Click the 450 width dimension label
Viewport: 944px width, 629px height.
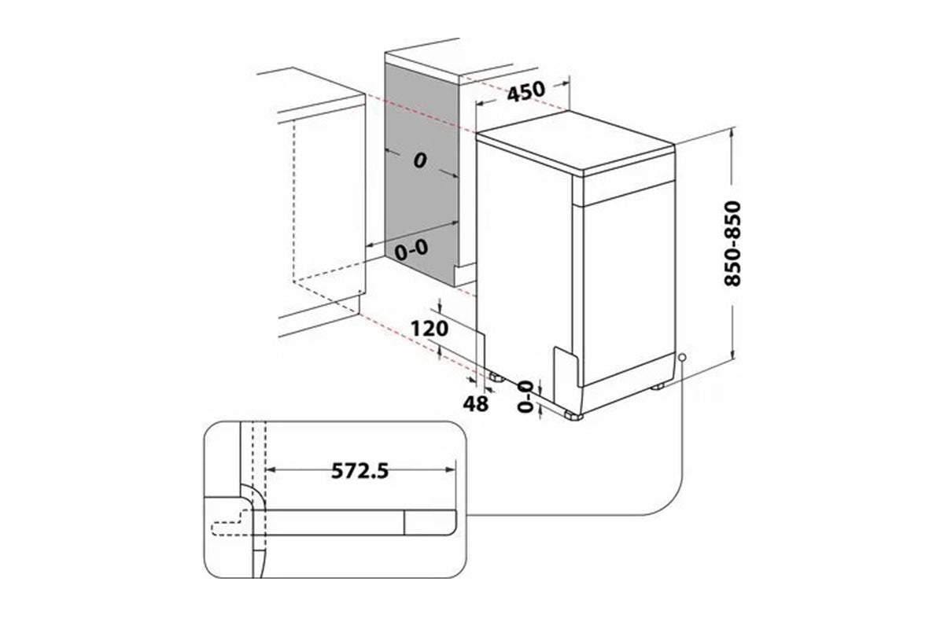coord(525,91)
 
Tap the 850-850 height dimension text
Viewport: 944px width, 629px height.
coord(732,244)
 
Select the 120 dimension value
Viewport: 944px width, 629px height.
coord(430,329)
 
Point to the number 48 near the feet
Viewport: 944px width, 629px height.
coord(476,403)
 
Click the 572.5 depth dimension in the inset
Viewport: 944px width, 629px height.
coord(360,471)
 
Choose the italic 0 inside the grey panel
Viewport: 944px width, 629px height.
coord(420,160)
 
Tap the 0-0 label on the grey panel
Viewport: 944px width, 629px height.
coord(411,249)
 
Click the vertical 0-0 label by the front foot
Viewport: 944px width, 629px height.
coord(525,396)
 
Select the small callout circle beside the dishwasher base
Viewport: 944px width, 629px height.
coord(683,358)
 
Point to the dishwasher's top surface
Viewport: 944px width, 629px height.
coord(576,139)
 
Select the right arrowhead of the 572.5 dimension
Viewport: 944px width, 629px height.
coord(451,469)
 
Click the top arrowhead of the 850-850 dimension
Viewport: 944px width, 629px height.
coord(733,134)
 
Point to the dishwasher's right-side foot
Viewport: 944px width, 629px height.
coord(658,385)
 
